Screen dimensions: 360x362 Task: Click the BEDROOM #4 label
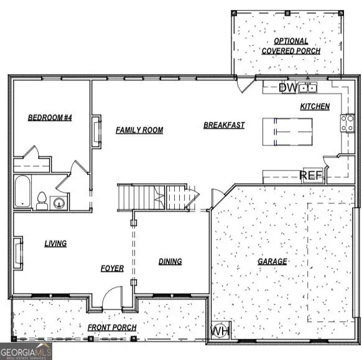click(50, 118)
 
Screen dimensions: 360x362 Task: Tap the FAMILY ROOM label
click(139, 130)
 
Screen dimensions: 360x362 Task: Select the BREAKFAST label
click(224, 125)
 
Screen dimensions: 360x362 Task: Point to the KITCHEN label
click(315, 107)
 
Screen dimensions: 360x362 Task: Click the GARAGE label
click(272, 262)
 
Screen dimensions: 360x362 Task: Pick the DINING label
click(170, 262)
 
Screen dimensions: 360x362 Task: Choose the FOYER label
click(112, 268)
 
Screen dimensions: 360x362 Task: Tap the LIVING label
click(55, 244)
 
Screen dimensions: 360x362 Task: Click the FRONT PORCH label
click(112, 328)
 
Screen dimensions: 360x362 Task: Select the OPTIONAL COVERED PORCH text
click(290, 45)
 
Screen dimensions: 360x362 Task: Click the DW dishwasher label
click(287, 88)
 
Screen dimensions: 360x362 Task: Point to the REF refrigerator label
click(312, 176)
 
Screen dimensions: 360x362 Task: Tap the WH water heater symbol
click(220, 331)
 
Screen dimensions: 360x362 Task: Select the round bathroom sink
click(59, 202)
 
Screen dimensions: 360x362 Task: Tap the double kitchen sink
click(307, 88)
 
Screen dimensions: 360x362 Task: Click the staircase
click(152, 197)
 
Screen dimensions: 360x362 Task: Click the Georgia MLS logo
click(26, 351)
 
